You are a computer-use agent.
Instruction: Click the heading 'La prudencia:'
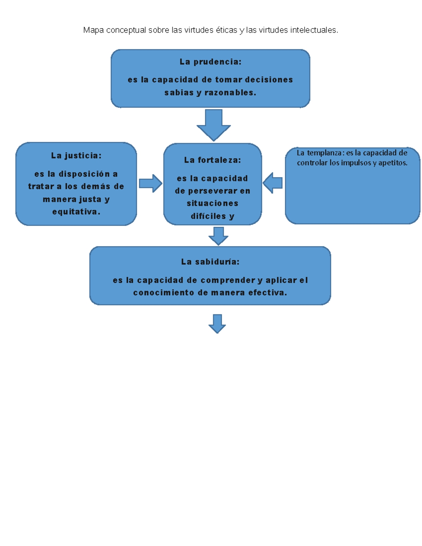(210, 62)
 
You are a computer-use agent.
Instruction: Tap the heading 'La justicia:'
(76, 155)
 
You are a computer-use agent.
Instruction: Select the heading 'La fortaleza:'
(212, 160)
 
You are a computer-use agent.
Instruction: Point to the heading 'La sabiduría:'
(210, 262)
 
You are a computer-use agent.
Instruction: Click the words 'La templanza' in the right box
(319, 153)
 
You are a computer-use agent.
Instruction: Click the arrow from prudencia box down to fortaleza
(213, 125)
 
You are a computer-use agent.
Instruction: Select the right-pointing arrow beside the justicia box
(151, 183)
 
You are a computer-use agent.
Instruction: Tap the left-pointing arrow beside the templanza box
(273, 183)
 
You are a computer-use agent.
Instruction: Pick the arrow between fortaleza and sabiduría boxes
(218, 236)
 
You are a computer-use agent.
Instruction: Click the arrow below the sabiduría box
(217, 323)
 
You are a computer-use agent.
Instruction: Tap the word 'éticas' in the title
(226, 30)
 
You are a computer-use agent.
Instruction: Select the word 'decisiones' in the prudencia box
(269, 80)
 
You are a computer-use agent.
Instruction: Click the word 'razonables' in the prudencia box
(230, 93)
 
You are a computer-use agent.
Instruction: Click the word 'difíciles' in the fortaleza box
(208, 216)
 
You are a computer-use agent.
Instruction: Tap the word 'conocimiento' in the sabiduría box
(164, 293)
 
